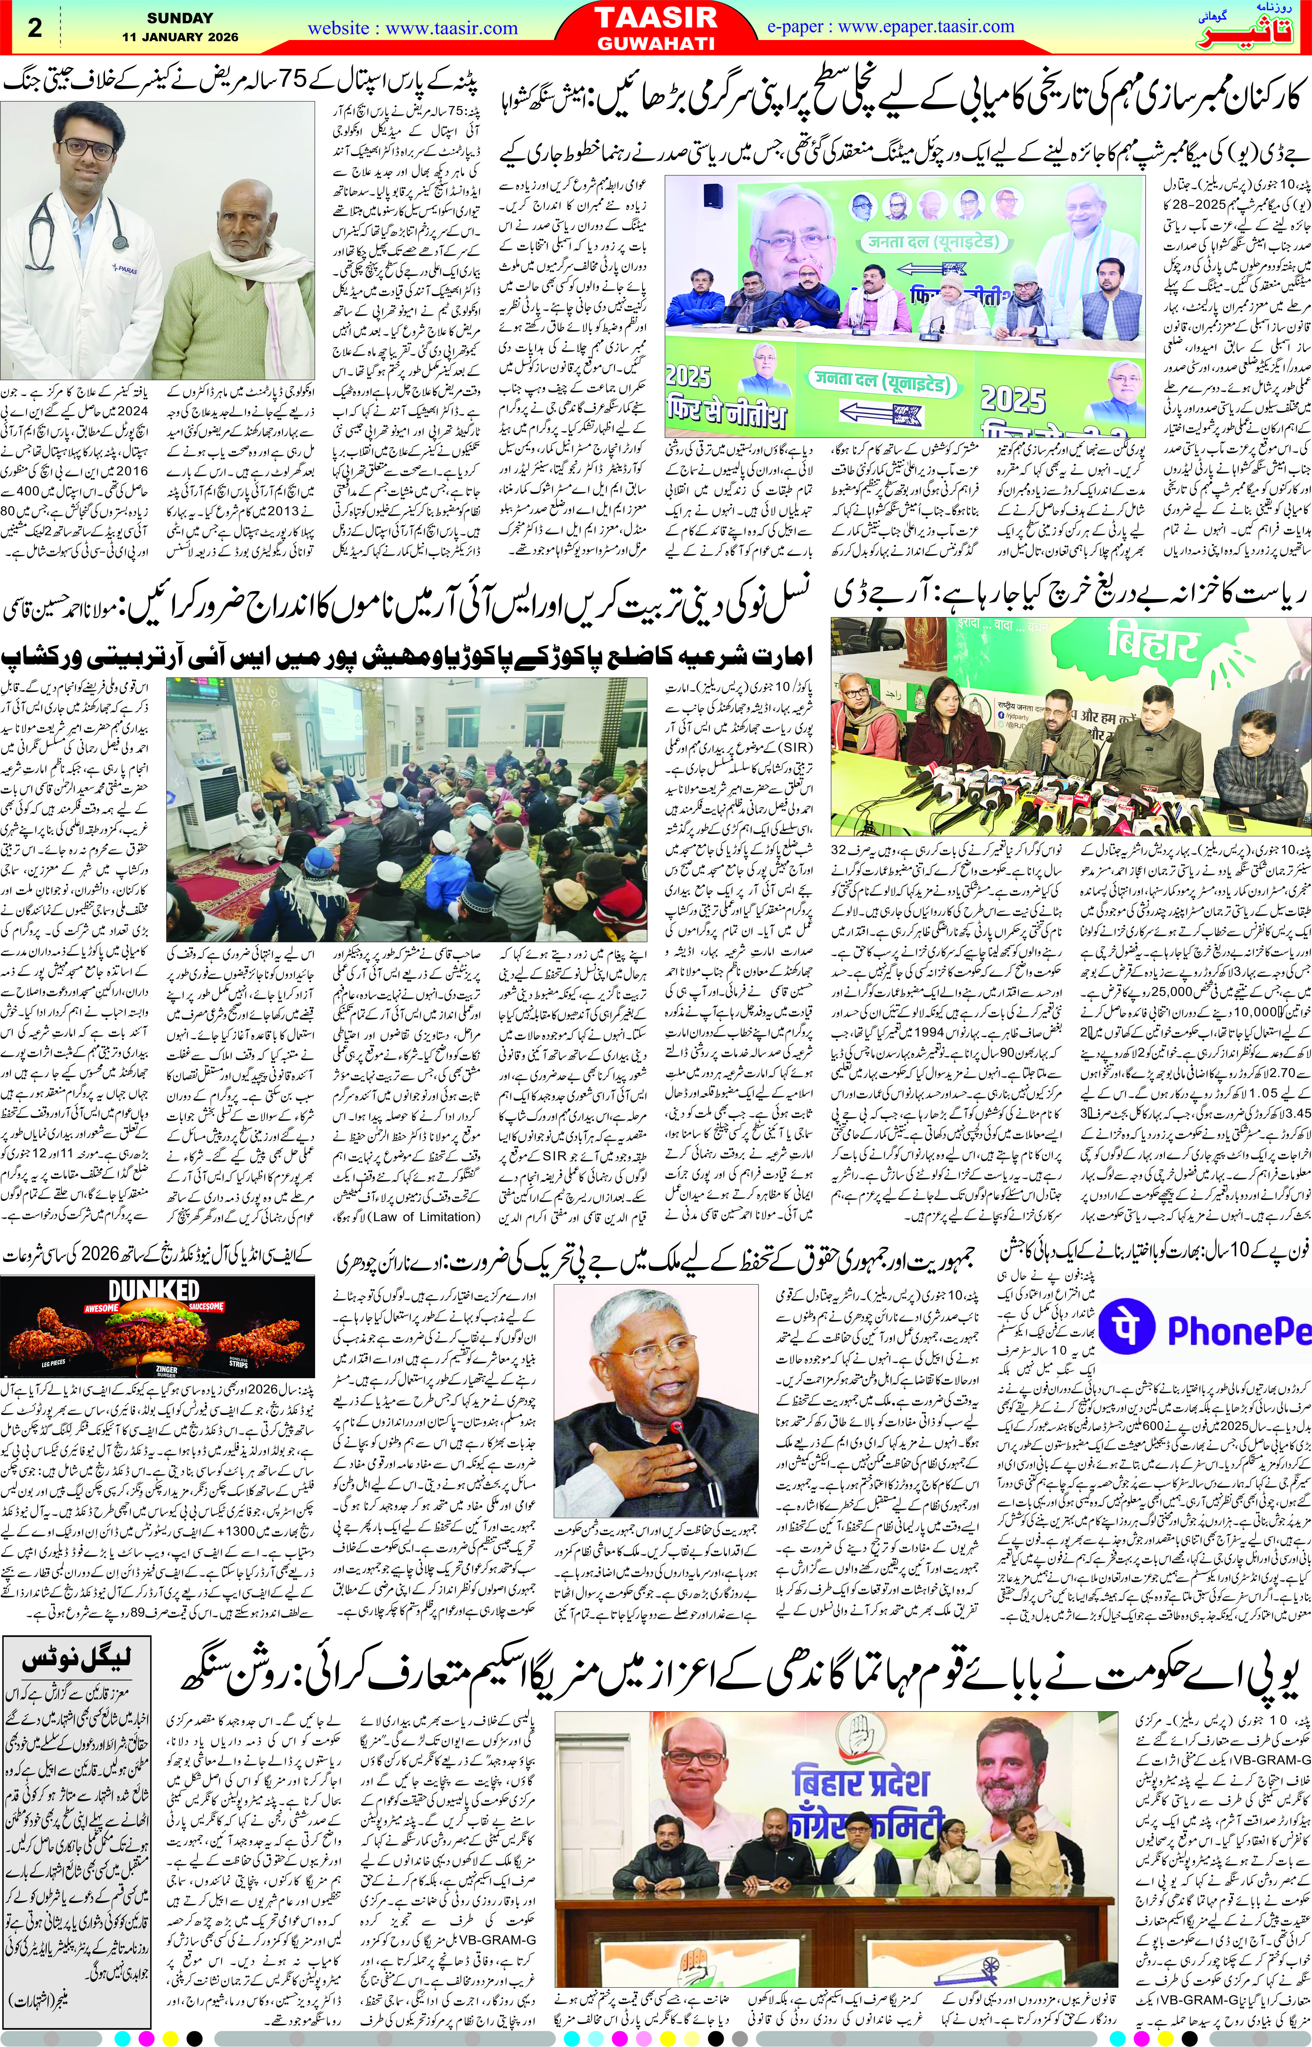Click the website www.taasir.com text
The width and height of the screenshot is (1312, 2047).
(412, 28)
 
